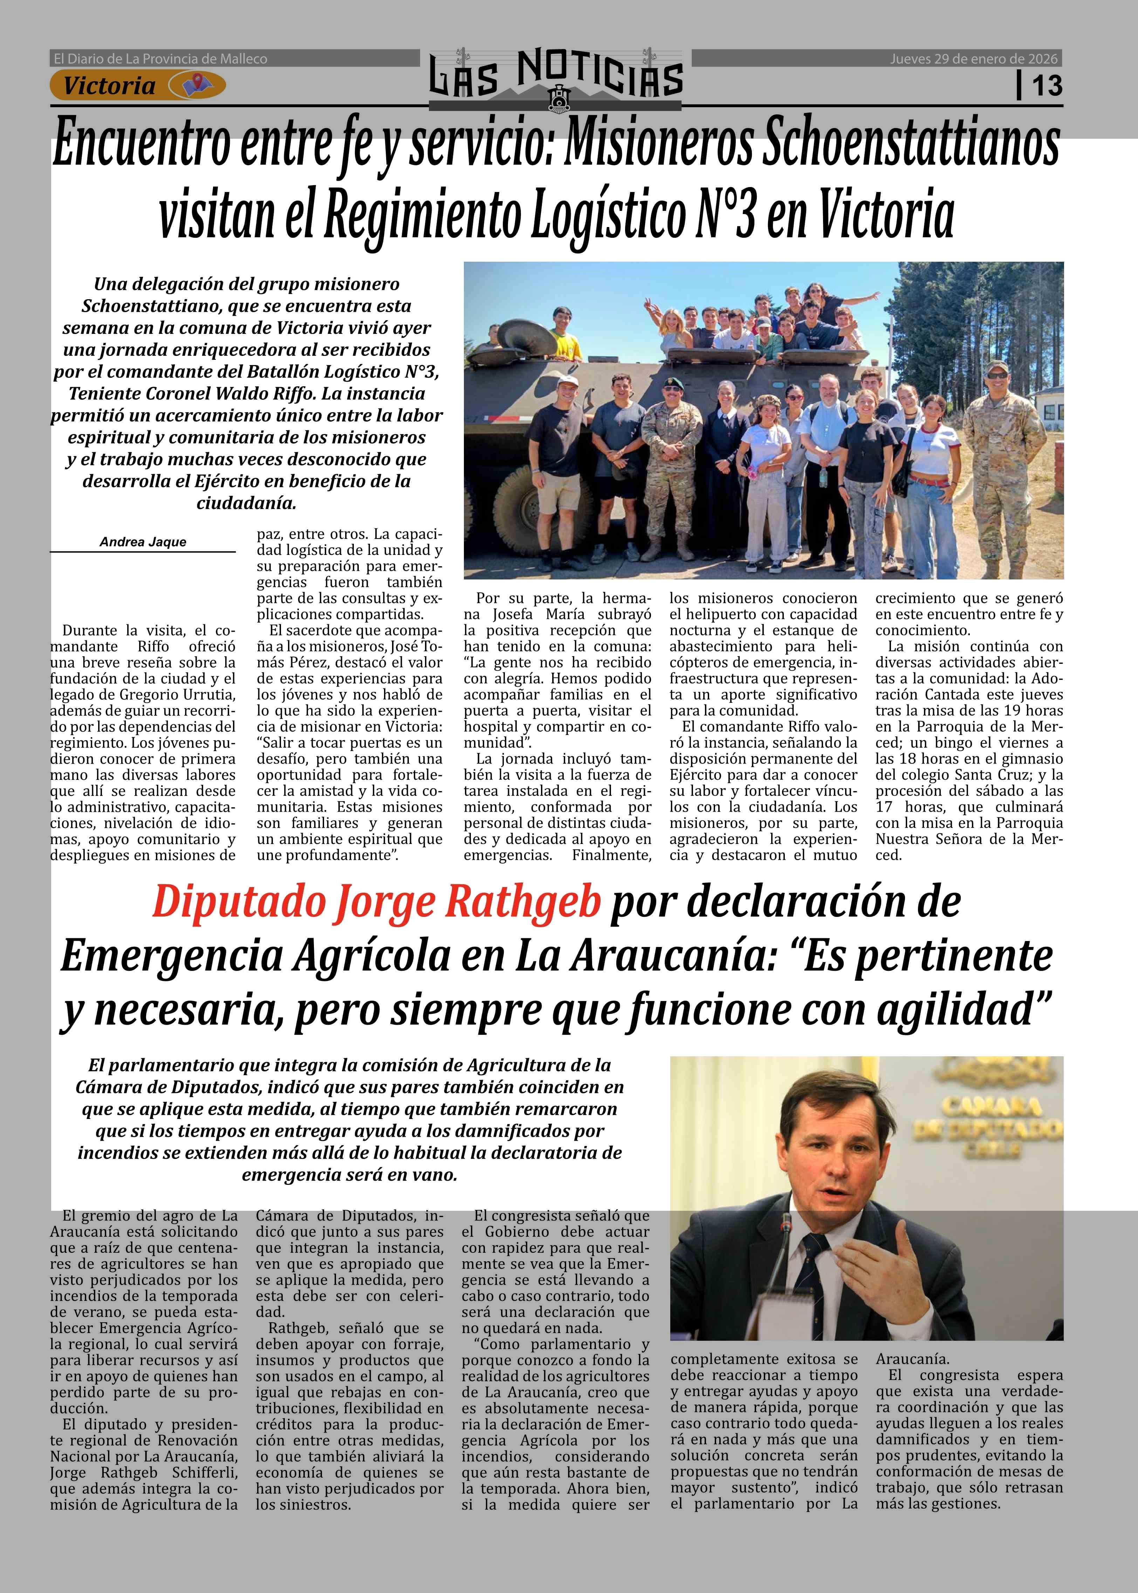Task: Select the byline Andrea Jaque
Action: point(143,542)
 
